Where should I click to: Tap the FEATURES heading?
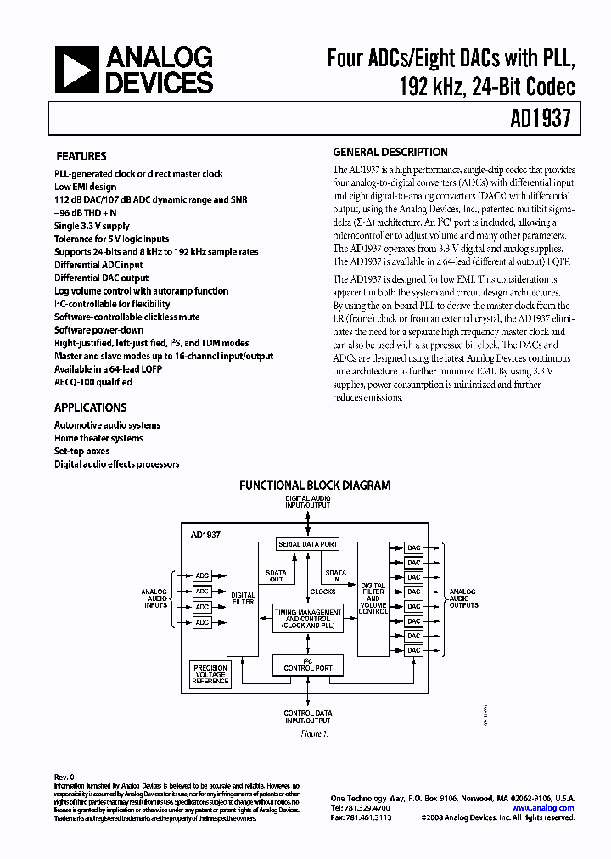[x=81, y=156]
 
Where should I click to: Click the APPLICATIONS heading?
[x=91, y=407]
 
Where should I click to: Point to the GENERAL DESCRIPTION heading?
[x=390, y=153]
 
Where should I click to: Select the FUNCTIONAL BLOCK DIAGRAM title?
[x=315, y=486]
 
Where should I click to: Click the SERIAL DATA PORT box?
[x=307, y=543]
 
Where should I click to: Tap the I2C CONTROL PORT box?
[x=307, y=665]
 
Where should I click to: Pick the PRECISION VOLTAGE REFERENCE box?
[x=210, y=675]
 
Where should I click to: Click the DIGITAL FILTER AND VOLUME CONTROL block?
[x=373, y=598]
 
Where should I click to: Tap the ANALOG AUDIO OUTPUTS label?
[x=462, y=598]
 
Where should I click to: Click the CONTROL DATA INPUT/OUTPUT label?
[x=308, y=716]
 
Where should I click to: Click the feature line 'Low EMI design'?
[x=85, y=187]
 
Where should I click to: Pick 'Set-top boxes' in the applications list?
[x=81, y=452]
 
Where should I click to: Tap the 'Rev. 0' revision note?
[x=64, y=777]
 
